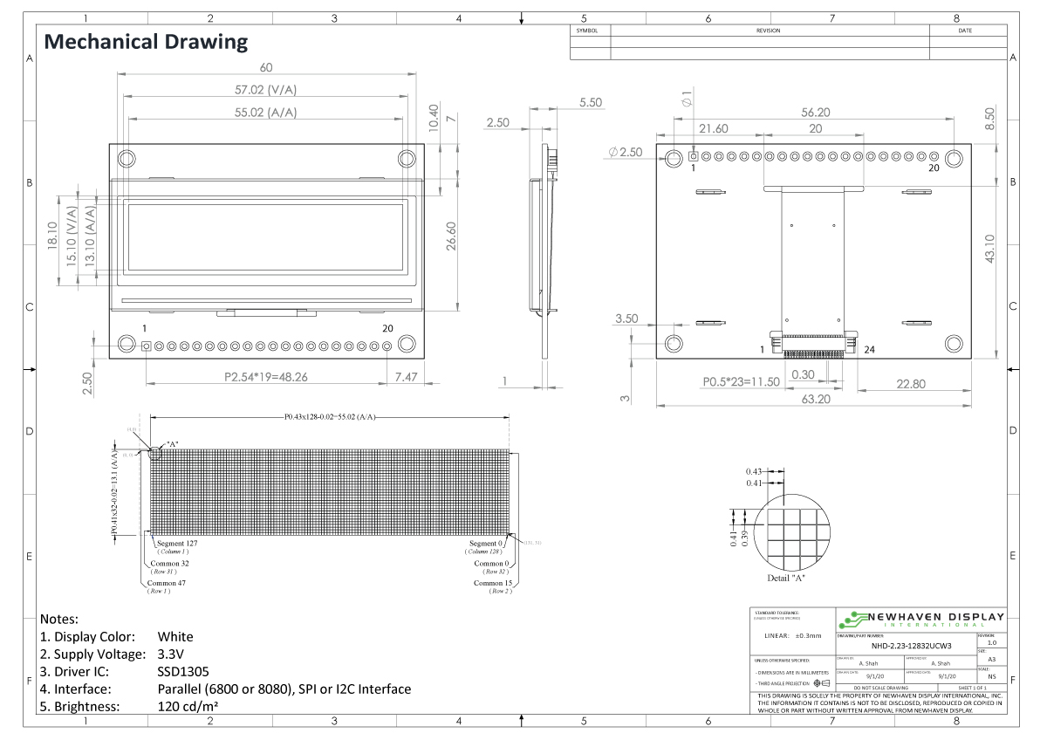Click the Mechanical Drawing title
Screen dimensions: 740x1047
146,41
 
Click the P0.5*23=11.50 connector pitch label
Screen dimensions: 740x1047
742,381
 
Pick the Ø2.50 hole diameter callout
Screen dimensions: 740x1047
625,153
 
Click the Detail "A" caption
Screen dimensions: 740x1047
787,578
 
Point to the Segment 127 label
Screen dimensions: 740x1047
178,544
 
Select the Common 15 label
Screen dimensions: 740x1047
495,583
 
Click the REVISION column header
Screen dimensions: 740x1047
768,31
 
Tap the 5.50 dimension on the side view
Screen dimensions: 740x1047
591,103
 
